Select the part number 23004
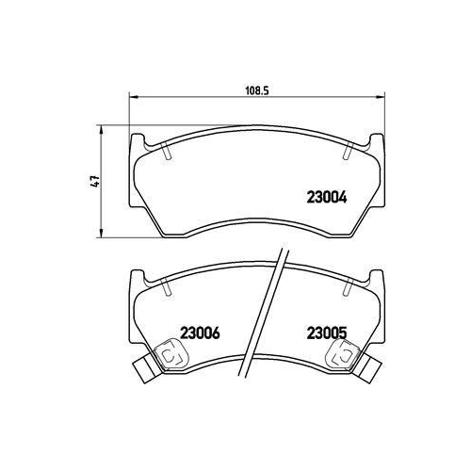pos(328,198)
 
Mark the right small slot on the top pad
pos(345,151)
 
